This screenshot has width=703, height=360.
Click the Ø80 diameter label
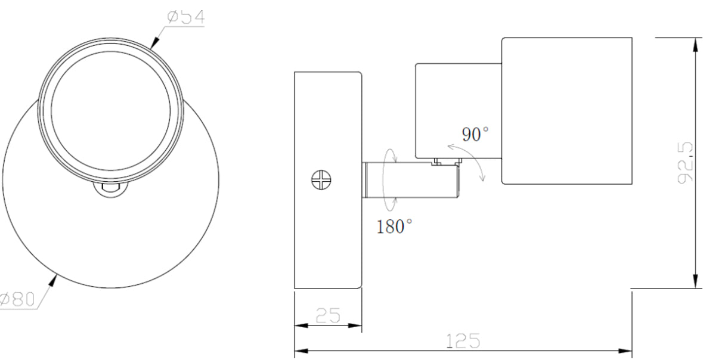pos(18,299)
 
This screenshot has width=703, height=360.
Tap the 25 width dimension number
pos(327,316)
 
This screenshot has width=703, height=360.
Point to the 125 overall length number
pos(463,340)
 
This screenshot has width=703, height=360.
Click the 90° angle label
pos(476,134)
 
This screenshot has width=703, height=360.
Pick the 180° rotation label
pos(394,226)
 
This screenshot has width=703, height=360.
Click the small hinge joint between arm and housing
pos(439,162)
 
